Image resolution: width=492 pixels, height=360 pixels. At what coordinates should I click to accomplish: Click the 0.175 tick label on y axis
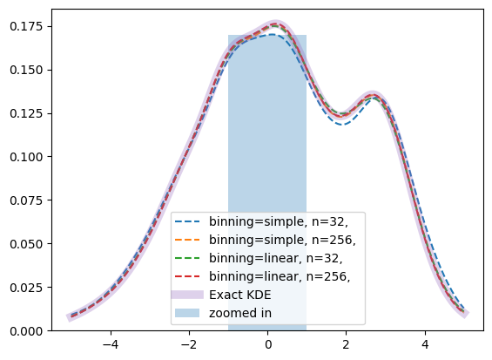pyautogui.click(x=26, y=26)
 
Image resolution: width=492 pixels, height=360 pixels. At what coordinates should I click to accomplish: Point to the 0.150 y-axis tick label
pyautogui.click(x=26, y=70)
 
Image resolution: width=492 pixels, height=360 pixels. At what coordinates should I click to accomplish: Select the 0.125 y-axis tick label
pyautogui.click(x=26, y=113)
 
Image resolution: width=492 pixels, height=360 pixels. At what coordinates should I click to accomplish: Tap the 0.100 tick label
pyautogui.click(x=26, y=157)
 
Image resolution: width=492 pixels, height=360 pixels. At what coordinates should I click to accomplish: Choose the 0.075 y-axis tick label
pyautogui.click(x=26, y=200)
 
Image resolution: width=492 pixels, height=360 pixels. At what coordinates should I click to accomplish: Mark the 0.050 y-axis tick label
pyautogui.click(x=26, y=244)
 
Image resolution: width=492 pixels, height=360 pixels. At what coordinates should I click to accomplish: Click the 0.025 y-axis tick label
pyautogui.click(x=26, y=288)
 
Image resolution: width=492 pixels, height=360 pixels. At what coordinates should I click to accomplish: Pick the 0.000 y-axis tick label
pyautogui.click(x=26, y=330)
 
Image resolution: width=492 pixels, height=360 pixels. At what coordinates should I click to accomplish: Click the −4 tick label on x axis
pyautogui.click(x=111, y=344)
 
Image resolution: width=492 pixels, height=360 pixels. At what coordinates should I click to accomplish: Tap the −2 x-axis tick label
pyautogui.click(x=189, y=344)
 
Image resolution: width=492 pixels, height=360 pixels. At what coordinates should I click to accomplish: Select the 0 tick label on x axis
pyautogui.click(x=268, y=344)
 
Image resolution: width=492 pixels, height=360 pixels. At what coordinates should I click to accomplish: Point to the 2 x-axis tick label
pyautogui.click(x=346, y=344)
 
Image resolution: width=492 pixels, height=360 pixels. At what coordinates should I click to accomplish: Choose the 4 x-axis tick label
pyautogui.click(x=425, y=344)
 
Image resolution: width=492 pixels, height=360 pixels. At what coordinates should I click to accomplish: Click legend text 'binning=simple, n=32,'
pyautogui.click(x=279, y=221)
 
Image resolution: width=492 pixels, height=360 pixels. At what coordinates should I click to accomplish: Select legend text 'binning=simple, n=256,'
pyautogui.click(x=282, y=240)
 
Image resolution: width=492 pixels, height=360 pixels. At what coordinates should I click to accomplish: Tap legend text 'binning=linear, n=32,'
pyautogui.click(x=276, y=258)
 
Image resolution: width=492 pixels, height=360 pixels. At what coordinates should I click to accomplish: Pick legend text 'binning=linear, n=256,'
pyautogui.click(x=280, y=276)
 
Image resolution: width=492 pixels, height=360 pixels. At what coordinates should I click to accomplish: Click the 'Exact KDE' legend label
pyautogui.click(x=240, y=295)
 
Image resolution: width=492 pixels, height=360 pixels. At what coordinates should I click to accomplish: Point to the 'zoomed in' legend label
pyautogui.click(x=240, y=313)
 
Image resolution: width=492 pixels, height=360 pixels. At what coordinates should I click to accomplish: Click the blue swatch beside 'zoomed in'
pyautogui.click(x=187, y=313)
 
